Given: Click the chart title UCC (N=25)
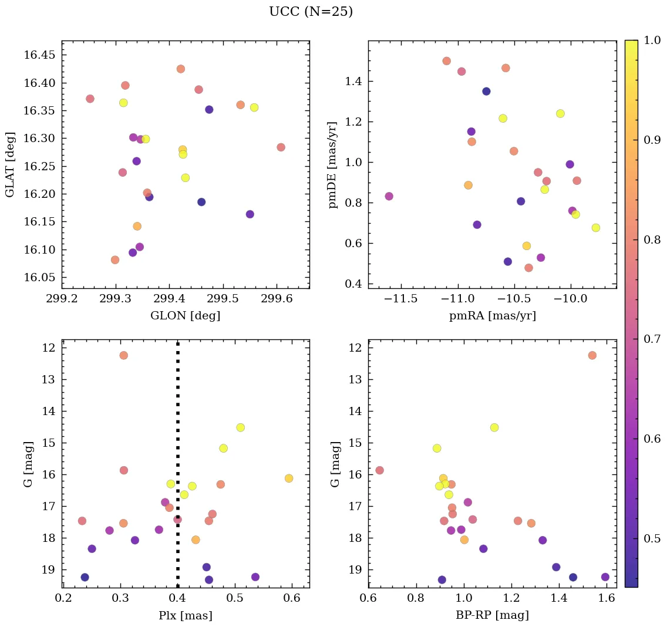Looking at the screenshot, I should point(311,12).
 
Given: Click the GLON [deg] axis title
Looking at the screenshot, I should point(186,316).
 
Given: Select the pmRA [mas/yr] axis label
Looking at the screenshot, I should point(492,316).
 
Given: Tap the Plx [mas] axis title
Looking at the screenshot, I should point(186,615).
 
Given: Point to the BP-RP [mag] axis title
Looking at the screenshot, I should point(492,615).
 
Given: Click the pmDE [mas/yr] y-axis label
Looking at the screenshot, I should point(333,164).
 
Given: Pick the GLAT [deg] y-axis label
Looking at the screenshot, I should point(10,164).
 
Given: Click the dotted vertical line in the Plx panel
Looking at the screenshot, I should point(177,446).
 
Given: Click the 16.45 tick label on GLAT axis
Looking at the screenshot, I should point(36,55).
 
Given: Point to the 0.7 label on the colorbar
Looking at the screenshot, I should point(652,339).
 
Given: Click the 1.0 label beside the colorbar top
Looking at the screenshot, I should point(652,41).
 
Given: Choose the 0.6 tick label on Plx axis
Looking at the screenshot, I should point(292,598).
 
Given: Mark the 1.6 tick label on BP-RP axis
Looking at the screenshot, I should point(607,598).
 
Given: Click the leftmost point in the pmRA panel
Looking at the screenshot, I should point(389,196).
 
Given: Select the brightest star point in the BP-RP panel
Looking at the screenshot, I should point(592,355).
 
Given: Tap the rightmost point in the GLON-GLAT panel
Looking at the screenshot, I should point(281,147).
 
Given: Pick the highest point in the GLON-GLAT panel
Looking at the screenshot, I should point(181,69).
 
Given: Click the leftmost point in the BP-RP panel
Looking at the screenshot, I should point(379,470).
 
